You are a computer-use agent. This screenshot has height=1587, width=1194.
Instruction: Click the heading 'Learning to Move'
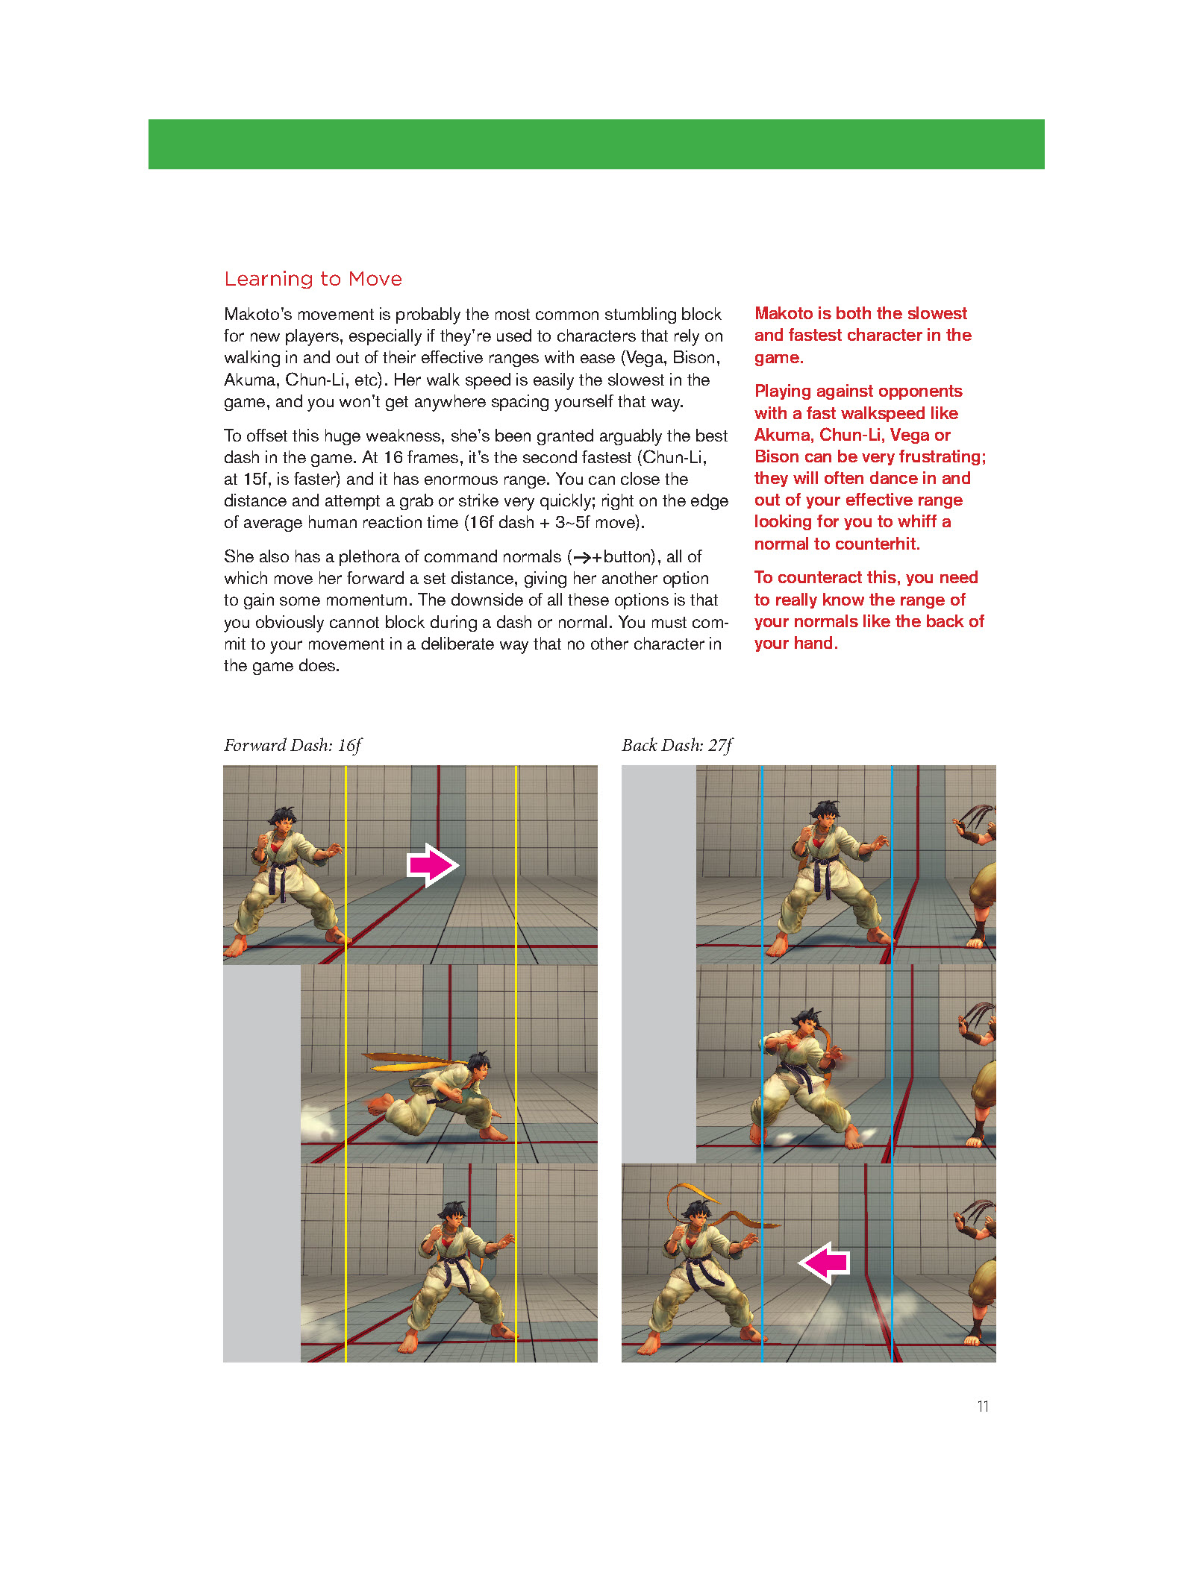coord(313,279)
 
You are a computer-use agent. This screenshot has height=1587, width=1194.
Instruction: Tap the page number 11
coord(983,1406)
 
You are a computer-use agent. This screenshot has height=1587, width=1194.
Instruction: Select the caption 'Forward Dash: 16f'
coord(293,745)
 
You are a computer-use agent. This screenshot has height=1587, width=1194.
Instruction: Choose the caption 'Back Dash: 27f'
coord(677,745)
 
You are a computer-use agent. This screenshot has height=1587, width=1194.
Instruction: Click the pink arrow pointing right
coord(432,865)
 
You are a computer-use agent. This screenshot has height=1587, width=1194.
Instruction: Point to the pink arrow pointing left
coord(825,1263)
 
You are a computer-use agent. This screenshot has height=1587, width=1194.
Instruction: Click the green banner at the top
coord(596,144)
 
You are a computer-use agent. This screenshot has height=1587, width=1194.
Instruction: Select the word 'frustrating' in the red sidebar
coord(941,456)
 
